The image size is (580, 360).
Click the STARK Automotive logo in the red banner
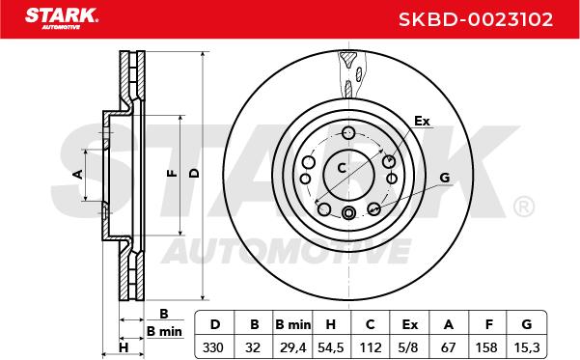62,18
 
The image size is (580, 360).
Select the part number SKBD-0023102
476,19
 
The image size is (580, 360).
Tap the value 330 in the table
213,347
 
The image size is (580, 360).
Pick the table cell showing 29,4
292,347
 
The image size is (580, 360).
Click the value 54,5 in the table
331,347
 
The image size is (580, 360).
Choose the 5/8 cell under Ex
409,347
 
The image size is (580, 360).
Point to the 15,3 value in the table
527,347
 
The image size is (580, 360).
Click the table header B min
292,324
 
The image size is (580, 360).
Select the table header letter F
489,324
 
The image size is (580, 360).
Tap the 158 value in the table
486,347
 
